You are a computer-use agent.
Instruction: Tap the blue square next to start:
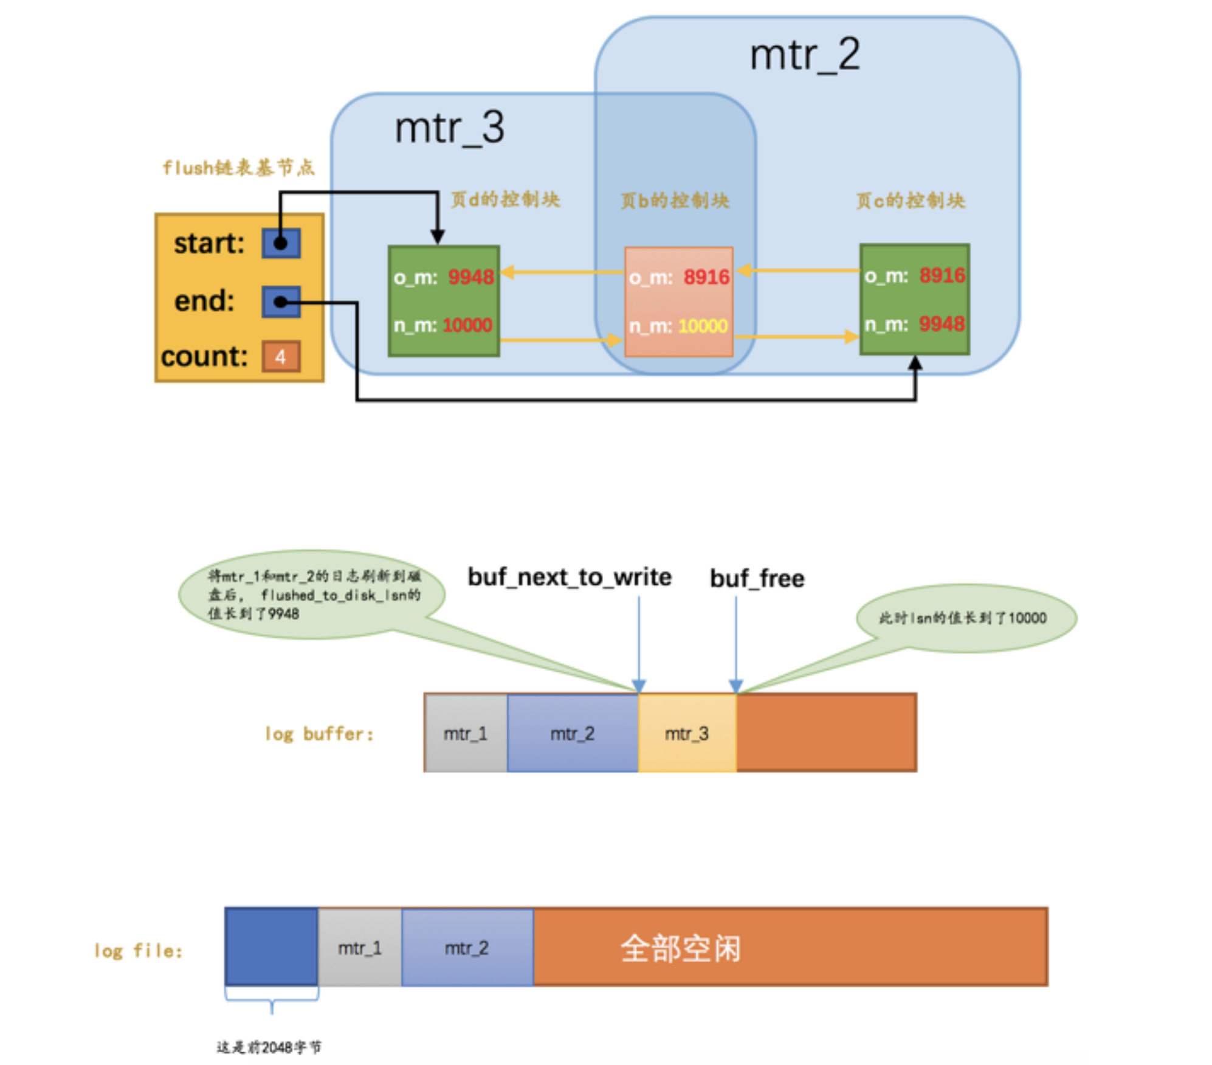coord(281,243)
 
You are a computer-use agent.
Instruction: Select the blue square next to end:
coord(281,302)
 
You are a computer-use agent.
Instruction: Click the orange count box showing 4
coord(281,356)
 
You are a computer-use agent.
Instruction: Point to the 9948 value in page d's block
coord(471,277)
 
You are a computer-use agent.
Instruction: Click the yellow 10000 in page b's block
coord(703,326)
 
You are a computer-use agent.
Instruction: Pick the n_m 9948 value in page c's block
coord(941,324)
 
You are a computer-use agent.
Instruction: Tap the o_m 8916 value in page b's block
coord(706,277)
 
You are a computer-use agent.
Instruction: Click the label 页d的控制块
coord(505,199)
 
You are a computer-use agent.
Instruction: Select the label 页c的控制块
coord(910,201)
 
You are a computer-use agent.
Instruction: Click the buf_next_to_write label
coord(570,577)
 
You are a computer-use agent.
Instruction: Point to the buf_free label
coord(757,578)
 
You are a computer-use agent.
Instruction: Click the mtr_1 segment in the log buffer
coord(466,734)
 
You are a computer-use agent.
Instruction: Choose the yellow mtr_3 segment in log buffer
coord(687,734)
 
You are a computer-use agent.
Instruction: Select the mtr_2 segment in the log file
coord(467,948)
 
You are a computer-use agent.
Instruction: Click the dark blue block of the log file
coord(271,946)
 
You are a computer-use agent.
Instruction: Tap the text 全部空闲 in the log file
coord(681,948)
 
